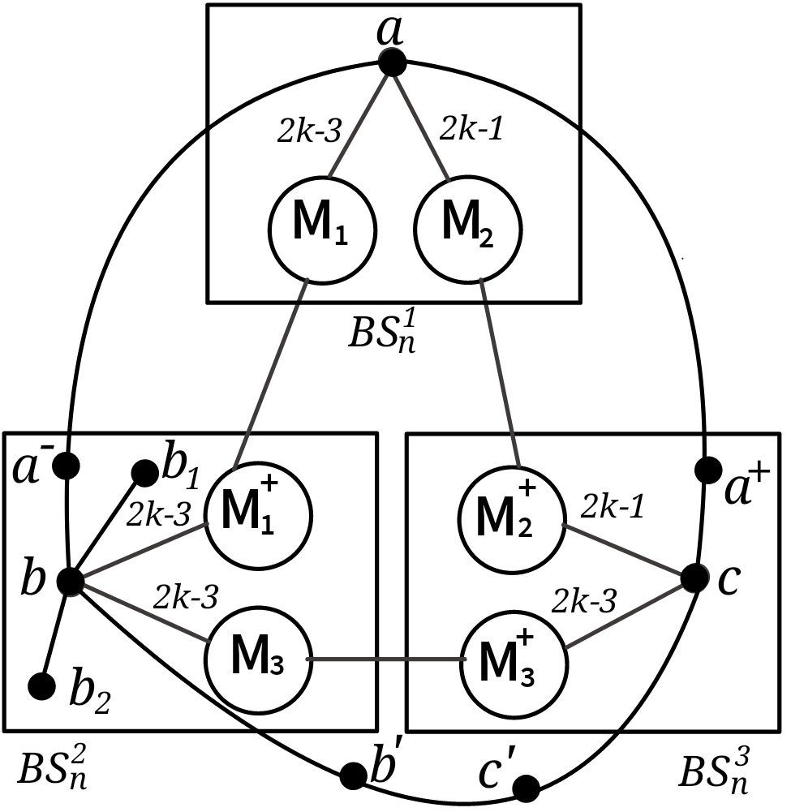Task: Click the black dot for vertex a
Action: point(392,62)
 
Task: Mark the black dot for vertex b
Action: point(71,580)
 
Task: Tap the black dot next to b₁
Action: point(145,473)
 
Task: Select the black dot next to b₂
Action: point(41,686)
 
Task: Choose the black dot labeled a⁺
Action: point(708,469)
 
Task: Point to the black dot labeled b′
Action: point(354,775)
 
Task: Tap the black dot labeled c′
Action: point(527,786)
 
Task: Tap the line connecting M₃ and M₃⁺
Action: point(385,659)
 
